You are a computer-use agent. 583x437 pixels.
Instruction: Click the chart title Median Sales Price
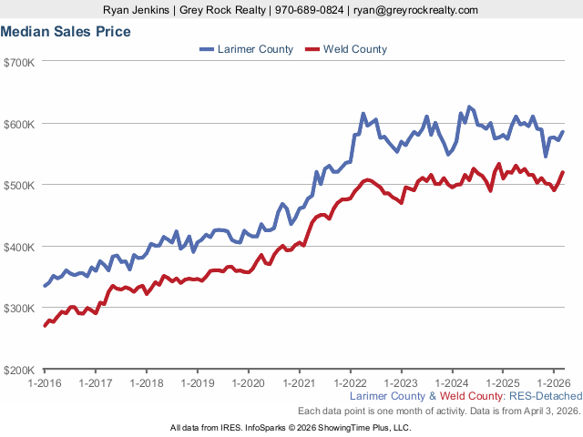tap(66, 32)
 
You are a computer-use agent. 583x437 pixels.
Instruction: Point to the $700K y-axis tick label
tap(19, 62)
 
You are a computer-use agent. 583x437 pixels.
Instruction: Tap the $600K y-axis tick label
tap(19, 124)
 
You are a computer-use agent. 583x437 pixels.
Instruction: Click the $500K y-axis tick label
tap(19, 185)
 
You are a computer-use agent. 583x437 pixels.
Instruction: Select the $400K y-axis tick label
tap(19, 247)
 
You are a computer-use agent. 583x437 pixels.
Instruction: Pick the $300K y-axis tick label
tap(19, 308)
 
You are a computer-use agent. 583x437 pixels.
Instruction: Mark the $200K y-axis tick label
tap(19, 370)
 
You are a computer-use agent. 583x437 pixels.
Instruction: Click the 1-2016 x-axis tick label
tap(45, 383)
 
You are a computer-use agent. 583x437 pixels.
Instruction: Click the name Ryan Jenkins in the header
tap(137, 10)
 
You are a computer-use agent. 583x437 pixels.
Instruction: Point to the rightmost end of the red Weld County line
tap(563, 172)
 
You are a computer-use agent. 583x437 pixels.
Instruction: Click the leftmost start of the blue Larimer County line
tap(45, 286)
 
